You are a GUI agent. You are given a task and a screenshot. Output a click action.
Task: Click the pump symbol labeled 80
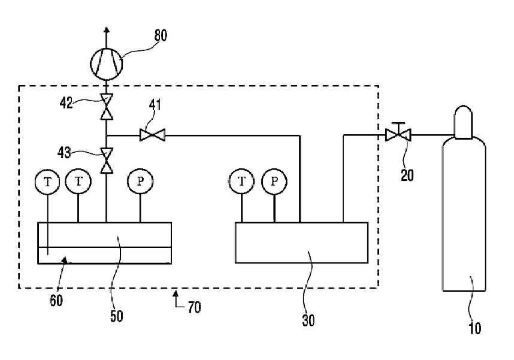[106, 63]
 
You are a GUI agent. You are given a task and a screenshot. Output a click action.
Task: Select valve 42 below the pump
[106, 107]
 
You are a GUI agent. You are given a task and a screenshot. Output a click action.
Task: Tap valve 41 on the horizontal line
[152, 135]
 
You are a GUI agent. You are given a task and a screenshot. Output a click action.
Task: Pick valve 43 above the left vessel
[106, 161]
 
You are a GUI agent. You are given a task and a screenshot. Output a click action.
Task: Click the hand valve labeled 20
[398, 132]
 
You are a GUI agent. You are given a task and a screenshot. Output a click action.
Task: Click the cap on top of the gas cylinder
[463, 122]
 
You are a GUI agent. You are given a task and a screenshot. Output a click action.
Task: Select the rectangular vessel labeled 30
[301, 243]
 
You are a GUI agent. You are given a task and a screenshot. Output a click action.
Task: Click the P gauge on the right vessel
[274, 181]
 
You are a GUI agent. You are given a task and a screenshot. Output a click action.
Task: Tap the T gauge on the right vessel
[241, 181]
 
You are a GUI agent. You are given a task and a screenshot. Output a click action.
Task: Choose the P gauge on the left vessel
[140, 181]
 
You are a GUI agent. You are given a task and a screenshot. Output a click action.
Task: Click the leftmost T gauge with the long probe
[47, 181]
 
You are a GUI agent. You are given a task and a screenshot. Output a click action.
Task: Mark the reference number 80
[161, 35]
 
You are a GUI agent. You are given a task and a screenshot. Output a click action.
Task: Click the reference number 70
[194, 307]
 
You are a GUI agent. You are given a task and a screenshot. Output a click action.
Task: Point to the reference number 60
[56, 300]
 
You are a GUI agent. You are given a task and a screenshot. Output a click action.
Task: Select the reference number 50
[116, 316]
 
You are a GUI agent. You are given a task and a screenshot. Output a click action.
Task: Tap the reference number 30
[308, 320]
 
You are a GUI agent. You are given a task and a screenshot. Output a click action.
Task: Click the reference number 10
[474, 328]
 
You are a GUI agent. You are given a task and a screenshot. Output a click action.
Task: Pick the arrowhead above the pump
[106, 30]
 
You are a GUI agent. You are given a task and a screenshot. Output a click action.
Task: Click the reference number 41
[155, 105]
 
